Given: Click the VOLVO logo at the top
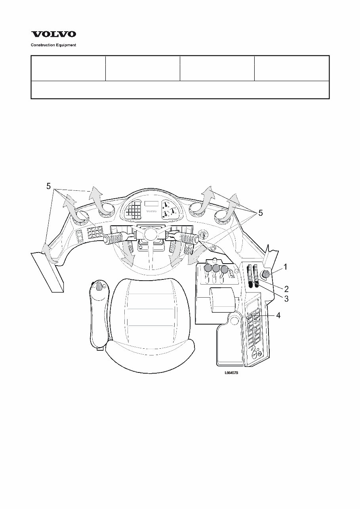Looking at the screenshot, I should pyautogui.click(x=53, y=35).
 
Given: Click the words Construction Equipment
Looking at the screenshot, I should pyautogui.click(x=53, y=45).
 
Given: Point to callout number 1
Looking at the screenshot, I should pyautogui.click(x=286, y=268).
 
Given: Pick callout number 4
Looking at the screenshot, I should pyautogui.click(x=278, y=315).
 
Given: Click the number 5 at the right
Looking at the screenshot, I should pyautogui.click(x=260, y=213).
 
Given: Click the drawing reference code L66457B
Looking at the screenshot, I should pyautogui.click(x=231, y=372).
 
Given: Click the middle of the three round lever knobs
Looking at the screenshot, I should pyautogui.click(x=216, y=268).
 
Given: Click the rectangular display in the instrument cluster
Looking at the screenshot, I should pyautogui.click(x=151, y=203).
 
